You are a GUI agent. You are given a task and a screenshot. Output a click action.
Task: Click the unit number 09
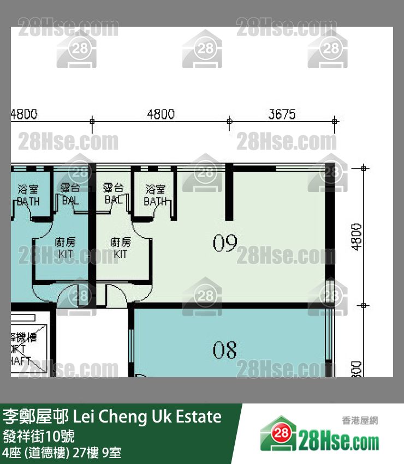pyautogui.click(x=225, y=243)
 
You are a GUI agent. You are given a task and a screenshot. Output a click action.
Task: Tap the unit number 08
pyautogui.click(x=224, y=349)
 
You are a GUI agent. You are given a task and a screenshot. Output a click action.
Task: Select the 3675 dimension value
pyautogui.click(x=282, y=115)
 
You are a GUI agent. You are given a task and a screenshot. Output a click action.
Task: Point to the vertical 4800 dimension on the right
pyautogui.click(x=357, y=236)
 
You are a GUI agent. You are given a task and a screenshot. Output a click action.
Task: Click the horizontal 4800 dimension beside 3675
pyautogui.click(x=161, y=115)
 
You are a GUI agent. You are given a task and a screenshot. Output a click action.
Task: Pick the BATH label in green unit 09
pyautogui.click(x=156, y=201)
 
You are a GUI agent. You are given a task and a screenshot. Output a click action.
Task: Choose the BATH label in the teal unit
pyautogui.click(x=28, y=201)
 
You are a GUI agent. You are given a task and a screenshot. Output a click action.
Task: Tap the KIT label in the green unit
pyautogui.click(x=120, y=254)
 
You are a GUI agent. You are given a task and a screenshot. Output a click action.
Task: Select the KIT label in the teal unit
pyautogui.click(x=66, y=254)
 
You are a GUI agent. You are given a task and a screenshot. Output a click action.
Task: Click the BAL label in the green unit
pyautogui.click(x=113, y=200)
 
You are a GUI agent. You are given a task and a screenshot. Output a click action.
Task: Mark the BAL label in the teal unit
pyautogui.click(x=70, y=200)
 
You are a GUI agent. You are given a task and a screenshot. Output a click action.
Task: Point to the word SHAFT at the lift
pyautogui.click(x=20, y=360)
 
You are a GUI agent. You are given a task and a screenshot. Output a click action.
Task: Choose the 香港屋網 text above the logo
pyautogui.click(x=360, y=420)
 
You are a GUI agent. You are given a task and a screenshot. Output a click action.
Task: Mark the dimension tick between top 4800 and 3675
pyautogui.click(x=229, y=120)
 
